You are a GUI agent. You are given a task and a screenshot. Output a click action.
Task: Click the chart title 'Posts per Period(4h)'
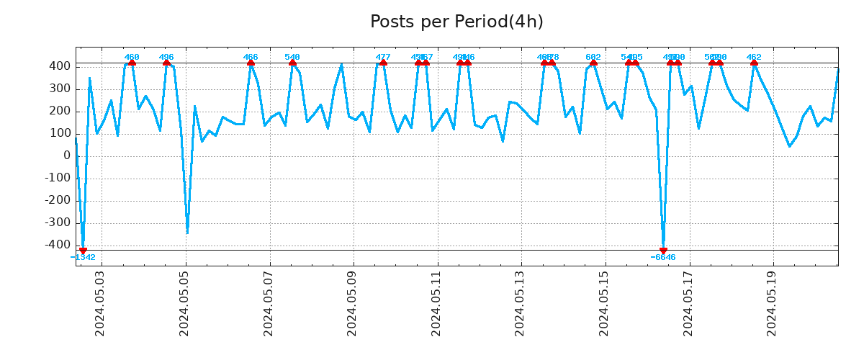pyautogui.click(x=456, y=22)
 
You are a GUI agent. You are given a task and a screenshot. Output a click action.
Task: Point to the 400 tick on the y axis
pyautogui.click(x=60, y=66)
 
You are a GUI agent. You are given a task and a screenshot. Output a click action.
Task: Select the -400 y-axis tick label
pyautogui.click(x=58, y=245)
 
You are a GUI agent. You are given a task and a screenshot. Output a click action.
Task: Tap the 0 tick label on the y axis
pyautogui.click(x=66, y=156)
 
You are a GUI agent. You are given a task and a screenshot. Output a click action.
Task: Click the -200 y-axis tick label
pyautogui.click(x=58, y=200)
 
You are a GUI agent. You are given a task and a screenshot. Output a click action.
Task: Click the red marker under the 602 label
pyautogui.click(x=593, y=63)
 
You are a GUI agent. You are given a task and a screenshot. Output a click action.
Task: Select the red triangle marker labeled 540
pyautogui.click(x=292, y=63)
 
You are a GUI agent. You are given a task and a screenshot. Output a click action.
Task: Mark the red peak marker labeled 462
pyautogui.click(x=754, y=63)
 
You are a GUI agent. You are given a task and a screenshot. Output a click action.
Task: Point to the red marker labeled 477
pyautogui.click(x=383, y=63)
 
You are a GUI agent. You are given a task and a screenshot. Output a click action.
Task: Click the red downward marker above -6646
pyautogui.click(x=663, y=251)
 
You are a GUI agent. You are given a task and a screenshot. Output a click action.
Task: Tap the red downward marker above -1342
pyautogui.click(x=83, y=251)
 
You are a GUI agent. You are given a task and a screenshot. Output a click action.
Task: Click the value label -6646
pyautogui.click(x=663, y=258)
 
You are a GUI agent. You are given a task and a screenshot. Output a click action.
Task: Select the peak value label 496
pyautogui.click(x=166, y=57)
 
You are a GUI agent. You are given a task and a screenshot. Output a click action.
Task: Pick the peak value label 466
pyautogui.click(x=251, y=57)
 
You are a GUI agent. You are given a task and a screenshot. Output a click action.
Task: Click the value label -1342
pyautogui.click(x=83, y=258)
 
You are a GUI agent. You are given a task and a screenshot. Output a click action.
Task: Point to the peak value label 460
pyautogui.click(x=132, y=57)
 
